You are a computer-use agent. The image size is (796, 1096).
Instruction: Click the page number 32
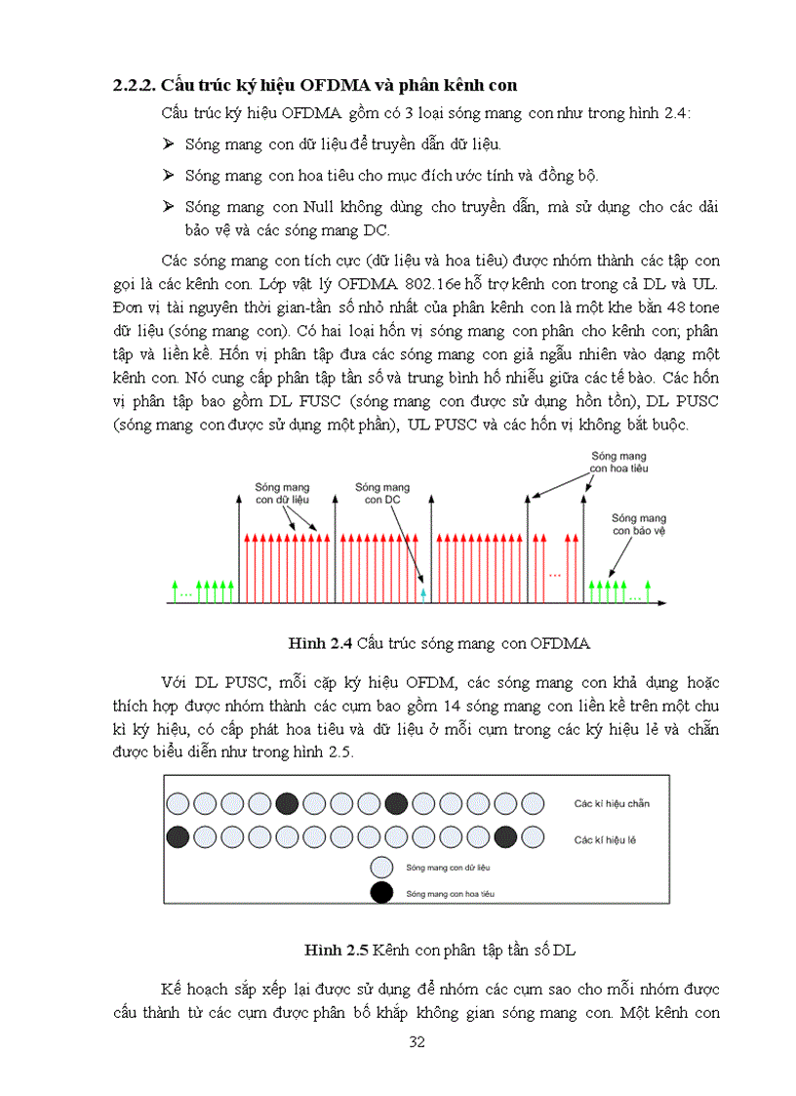pos(417,1041)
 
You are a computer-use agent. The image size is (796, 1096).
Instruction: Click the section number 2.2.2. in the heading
pos(134,85)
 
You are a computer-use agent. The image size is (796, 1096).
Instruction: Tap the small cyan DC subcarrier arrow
pos(422,591)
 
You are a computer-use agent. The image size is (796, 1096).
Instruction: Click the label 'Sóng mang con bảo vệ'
pos(639,524)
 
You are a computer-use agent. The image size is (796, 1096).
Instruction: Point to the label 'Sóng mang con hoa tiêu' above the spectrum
pos(618,461)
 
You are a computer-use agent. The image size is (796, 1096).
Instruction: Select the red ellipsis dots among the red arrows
pos(555,575)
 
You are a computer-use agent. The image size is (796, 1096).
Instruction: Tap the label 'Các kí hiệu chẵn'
pos(612,804)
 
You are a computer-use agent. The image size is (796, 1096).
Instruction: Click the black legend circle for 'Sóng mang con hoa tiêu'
pos(382,891)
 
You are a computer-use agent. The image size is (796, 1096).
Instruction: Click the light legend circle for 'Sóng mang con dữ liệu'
pos(382,867)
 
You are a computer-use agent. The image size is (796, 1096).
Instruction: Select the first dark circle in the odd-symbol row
pos(178,837)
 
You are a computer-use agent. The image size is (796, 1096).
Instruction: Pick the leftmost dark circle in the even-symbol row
pos(287,803)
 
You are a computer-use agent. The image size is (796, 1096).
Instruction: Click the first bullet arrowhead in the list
pos(167,144)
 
